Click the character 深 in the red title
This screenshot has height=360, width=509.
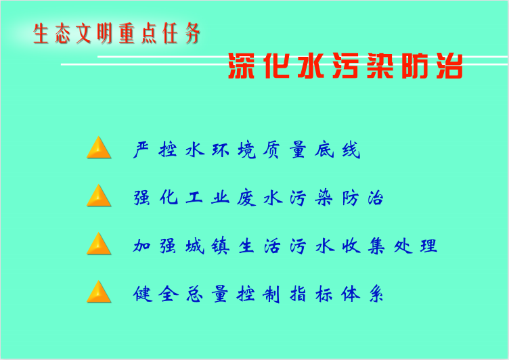click(242, 66)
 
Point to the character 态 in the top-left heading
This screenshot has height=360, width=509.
click(63, 33)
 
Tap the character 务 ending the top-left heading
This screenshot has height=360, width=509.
click(193, 33)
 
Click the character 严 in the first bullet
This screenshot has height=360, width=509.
click(141, 150)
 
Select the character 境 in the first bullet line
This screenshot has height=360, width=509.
click(246, 150)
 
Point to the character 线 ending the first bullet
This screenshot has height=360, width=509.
click(351, 150)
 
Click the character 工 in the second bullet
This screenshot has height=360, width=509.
click(194, 198)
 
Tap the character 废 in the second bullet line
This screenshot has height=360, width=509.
click(246, 198)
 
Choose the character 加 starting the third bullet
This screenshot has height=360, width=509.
click(141, 246)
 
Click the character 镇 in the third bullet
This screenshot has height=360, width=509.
click(221, 246)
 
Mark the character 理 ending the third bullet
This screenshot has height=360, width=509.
click(428, 246)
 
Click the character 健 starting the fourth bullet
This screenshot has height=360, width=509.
click(143, 294)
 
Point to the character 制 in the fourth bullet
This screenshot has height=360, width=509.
click(271, 294)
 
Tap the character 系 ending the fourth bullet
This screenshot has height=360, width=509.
click(376, 294)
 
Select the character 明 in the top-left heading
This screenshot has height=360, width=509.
click(104, 33)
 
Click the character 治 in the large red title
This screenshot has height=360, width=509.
click(449, 66)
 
